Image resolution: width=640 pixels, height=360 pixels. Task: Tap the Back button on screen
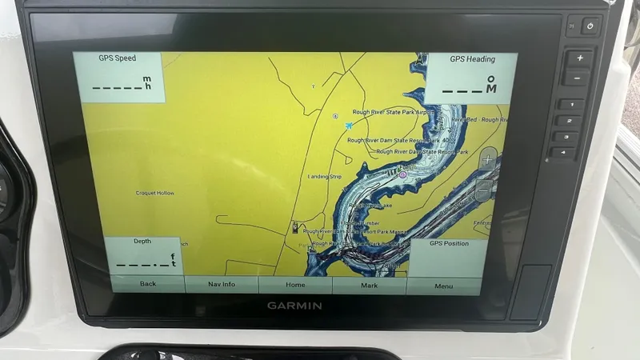coord(148,284)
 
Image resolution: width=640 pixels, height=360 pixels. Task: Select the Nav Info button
coord(222,284)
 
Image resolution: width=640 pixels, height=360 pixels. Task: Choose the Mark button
coord(369,285)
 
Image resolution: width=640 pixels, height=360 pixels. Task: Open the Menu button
coord(443,286)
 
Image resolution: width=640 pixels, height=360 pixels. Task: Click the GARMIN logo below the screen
coord(294,306)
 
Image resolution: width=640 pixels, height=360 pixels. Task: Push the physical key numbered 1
coord(571,104)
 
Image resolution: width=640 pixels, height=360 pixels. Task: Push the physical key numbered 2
coord(569,120)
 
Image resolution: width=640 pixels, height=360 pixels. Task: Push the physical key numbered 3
coord(566,136)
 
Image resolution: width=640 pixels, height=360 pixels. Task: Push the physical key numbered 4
coord(564,152)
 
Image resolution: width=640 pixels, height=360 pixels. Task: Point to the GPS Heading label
coord(471,59)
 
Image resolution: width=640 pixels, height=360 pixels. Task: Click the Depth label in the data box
coord(142,241)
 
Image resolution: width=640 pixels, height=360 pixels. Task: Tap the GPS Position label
coord(449,243)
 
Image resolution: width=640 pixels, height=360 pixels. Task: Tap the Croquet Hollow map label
coord(155,193)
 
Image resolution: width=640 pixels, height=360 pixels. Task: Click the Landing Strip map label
coord(325,176)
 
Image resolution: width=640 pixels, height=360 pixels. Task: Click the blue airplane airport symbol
coord(349,125)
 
